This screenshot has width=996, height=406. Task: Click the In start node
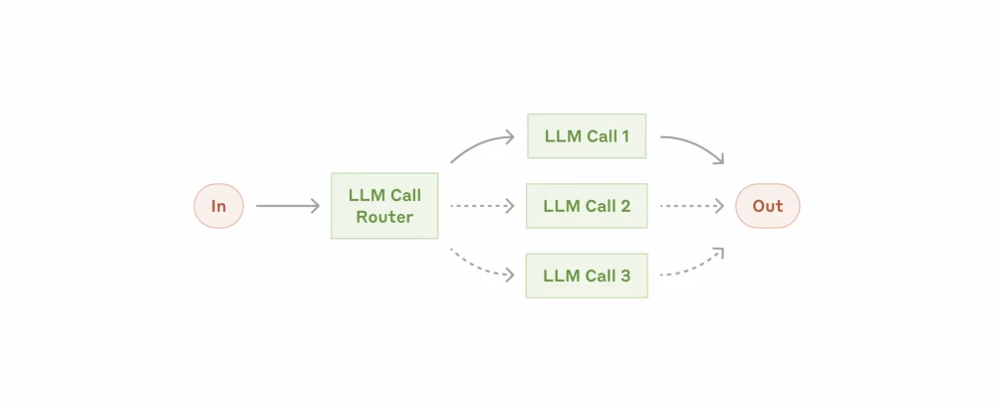coord(218,206)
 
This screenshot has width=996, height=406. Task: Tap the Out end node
coord(767,206)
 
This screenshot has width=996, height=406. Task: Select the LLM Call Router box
coord(384,206)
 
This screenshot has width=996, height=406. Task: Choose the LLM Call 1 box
coord(587,136)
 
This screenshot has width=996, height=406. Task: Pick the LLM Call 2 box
coord(587,206)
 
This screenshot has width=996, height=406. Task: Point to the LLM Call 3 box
coord(587,276)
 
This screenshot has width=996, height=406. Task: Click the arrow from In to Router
coord(287,206)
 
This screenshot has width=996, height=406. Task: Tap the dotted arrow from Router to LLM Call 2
coord(482,206)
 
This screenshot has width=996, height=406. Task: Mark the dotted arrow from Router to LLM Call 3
coord(482,266)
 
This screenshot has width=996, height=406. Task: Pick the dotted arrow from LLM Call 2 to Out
coord(691,206)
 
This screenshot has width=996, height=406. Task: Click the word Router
coord(384,217)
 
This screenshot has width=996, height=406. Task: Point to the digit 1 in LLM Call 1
coord(624,136)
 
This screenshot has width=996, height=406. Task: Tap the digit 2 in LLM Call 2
coord(624,206)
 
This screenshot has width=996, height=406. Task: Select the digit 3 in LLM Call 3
coord(624,276)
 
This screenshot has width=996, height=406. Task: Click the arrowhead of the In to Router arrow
coord(315,206)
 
